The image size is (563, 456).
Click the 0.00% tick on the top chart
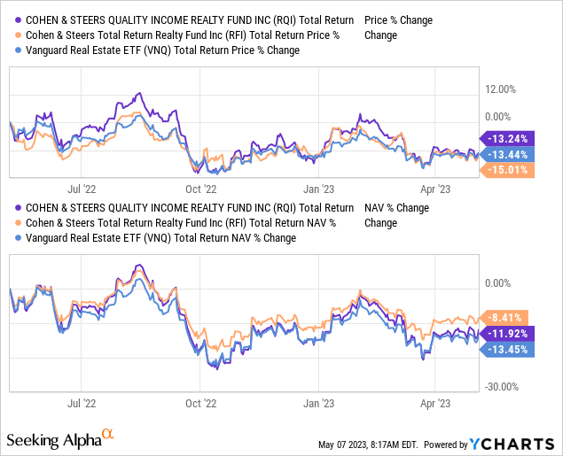tap(497, 116)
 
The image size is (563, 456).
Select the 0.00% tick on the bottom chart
tap(497, 283)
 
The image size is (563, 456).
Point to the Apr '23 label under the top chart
tap(436, 188)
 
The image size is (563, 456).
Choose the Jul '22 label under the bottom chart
tap(81, 400)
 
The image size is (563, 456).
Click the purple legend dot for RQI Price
tap(13, 19)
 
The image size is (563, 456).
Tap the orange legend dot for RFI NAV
tap(13, 223)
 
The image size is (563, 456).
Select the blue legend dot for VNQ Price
tap(13, 50)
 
